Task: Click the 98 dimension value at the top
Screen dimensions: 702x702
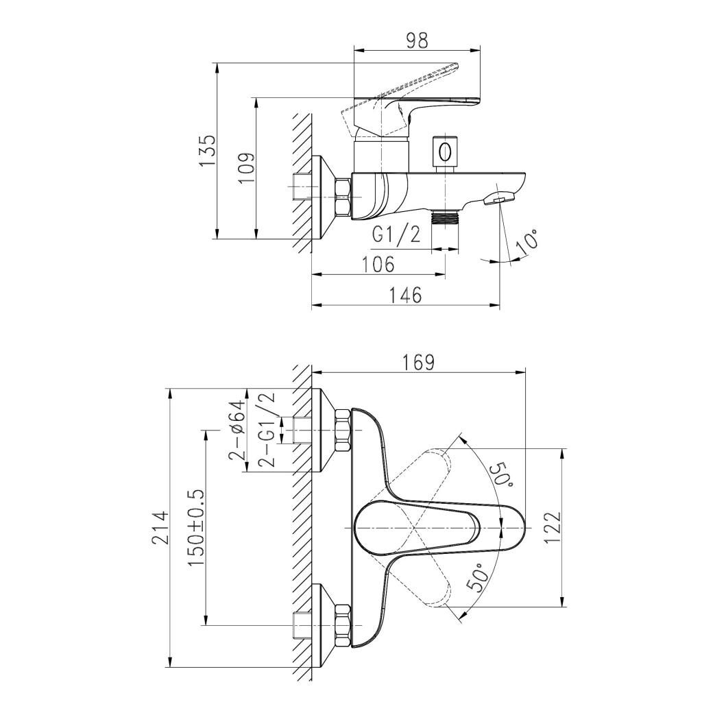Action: [x=417, y=40]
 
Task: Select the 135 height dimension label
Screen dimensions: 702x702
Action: [x=208, y=151]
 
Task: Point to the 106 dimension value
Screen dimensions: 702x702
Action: [x=378, y=264]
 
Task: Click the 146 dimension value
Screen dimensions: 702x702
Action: [x=404, y=295]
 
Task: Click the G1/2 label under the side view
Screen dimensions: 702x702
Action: [x=397, y=234]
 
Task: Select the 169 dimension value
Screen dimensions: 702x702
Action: [x=417, y=363]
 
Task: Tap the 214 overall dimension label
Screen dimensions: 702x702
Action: [x=160, y=527]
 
